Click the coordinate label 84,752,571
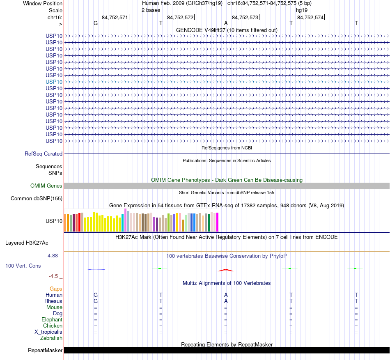pos(115,17)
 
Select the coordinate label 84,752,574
pos(310,17)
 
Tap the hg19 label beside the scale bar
pos(302,10)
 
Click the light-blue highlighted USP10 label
pos(54,82)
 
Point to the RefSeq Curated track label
pos(44,154)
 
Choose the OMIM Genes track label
pos(46,186)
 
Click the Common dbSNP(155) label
pos(36,199)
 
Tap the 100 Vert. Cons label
pos(23,266)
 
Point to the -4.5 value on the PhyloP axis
pos(55,276)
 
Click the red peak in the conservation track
pos(225,270)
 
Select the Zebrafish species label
pos(51,338)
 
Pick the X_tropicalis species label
pos(48,332)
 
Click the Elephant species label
pos(52,320)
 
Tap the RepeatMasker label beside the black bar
pos(45,351)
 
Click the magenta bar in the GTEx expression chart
pos(218,222)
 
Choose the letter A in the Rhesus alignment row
pos(226,301)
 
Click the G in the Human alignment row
pos(96,295)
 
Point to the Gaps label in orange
pos(56,289)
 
